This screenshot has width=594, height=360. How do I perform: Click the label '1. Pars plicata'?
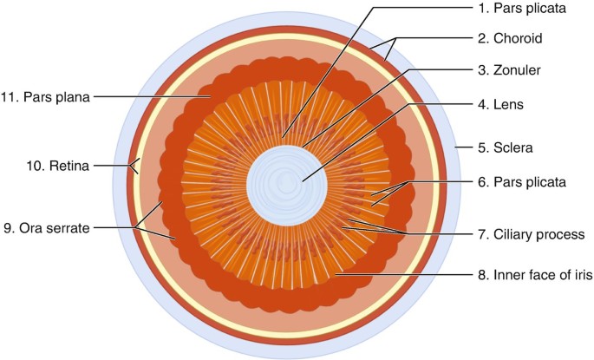click(522, 10)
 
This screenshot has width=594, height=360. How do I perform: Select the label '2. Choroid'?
click(516, 39)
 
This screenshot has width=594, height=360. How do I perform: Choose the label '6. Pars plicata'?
click(522, 182)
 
